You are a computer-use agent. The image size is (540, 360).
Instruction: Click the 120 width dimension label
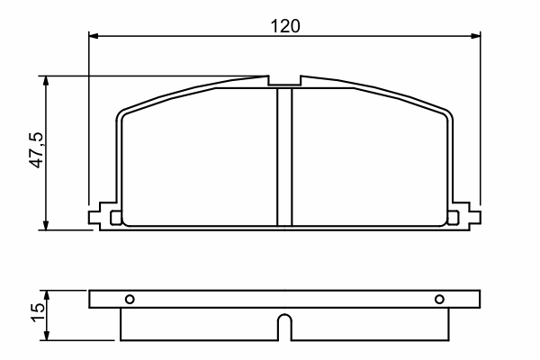coord(285,26)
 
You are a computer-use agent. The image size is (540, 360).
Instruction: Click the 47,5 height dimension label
coord(37,150)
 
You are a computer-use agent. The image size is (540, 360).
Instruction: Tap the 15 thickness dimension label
coord(38,312)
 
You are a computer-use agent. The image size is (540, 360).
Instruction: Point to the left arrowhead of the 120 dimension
coord(94,36)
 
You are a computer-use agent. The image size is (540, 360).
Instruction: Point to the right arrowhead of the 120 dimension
coord(475,36)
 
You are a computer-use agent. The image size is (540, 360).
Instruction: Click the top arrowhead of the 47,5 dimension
coord(46,81)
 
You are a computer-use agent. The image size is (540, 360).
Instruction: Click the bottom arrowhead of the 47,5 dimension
coord(46,225)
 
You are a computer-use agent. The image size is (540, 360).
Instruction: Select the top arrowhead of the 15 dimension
coord(47,295)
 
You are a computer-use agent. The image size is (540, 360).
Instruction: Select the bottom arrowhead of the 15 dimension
coord(47,336)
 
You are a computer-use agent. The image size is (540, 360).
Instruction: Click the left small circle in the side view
coord(130,299)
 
